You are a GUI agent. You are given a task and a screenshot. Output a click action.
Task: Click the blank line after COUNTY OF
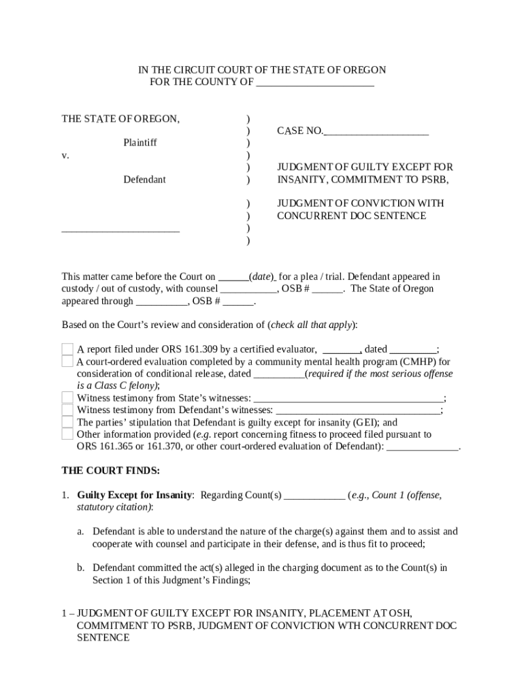pos(314,83)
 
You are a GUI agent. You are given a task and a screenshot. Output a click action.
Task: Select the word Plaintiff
pos(140,143)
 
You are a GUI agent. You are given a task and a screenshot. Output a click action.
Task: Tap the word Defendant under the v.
pos(144,180)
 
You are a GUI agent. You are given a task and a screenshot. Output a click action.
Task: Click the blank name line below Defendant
pos(120,229)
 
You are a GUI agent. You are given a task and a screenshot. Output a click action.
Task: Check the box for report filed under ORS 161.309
pos(67,350)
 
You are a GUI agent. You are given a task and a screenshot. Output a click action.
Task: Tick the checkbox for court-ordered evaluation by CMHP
pos(67,361)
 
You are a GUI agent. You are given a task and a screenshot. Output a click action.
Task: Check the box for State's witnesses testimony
pos(67,398)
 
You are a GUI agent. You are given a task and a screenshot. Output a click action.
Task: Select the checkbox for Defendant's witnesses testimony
pos(67,410)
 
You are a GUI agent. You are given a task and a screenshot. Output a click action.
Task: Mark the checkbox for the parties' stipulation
pos(67,423)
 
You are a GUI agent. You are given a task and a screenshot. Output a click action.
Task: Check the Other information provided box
pos(67,434)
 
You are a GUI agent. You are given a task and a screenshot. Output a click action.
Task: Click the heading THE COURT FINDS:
pos(111,470)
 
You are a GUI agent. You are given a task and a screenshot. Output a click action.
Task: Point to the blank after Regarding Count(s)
pos(314,496)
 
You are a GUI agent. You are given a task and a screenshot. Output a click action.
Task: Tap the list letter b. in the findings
pos(80,567)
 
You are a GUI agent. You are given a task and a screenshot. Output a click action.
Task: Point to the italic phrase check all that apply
pos(311,324)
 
